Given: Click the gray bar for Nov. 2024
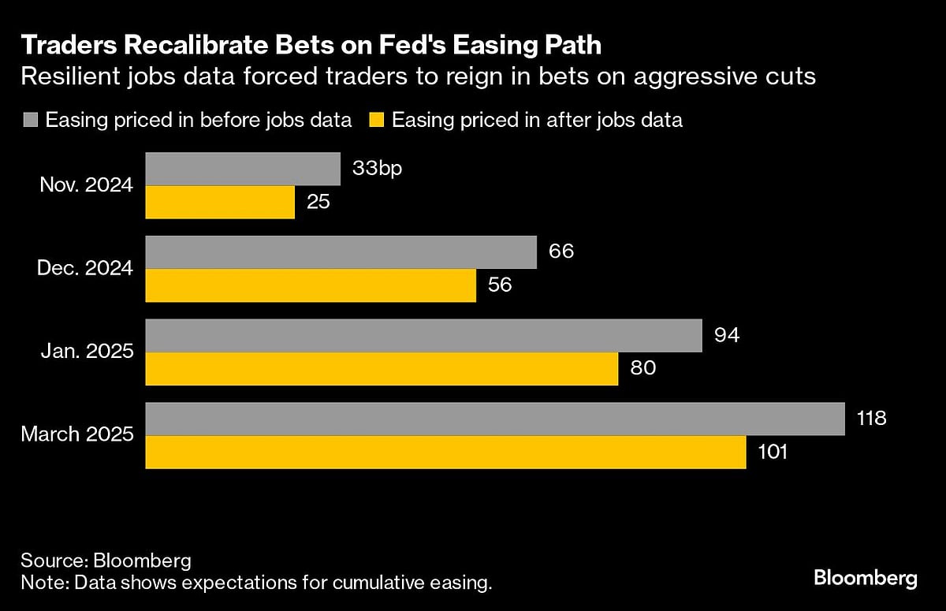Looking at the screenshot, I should (243, 169).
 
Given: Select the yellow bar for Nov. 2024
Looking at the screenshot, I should (220, 202).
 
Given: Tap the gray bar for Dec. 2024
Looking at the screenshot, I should (341, 252).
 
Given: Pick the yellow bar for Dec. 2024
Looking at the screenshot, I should (311, 285).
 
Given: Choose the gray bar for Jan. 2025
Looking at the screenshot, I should (424, 336).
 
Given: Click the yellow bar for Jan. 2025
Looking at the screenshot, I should (382, 369).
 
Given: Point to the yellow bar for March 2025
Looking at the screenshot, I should (446, 453).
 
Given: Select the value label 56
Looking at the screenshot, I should (501, 285).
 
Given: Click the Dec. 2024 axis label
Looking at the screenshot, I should (85, 269).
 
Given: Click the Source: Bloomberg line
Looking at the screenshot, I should (106, 561).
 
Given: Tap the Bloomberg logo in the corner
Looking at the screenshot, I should (865, 579).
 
